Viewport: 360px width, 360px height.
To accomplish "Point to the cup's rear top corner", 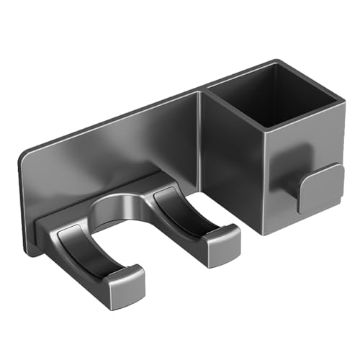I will pyautogui.click(x=275, y=63).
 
